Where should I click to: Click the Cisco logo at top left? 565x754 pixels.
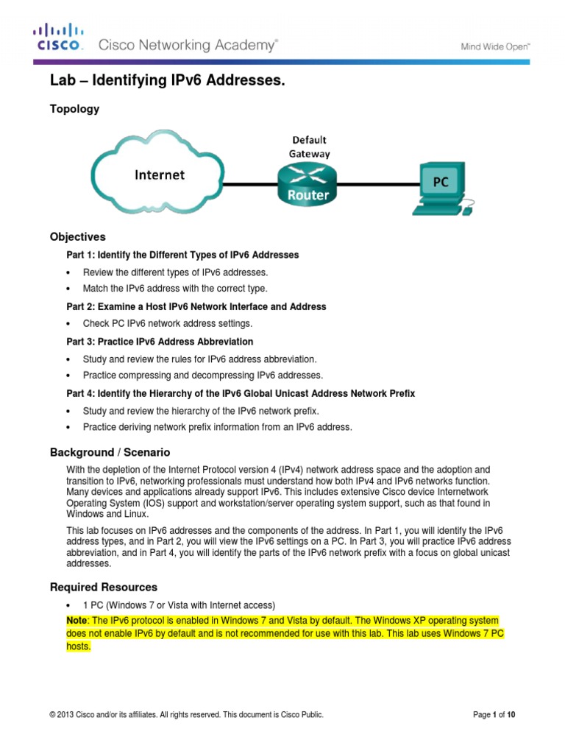pos(58,38)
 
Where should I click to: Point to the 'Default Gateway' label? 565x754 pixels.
pos(309,147)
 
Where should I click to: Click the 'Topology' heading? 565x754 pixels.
pos(74,109)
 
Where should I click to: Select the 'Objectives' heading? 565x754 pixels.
pos(77,237)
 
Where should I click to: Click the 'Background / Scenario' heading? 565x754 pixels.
pos(110,452)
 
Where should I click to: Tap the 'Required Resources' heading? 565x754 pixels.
pos(103,587)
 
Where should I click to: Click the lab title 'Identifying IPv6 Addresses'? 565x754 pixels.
pos(166,82)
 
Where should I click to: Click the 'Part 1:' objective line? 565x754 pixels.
pos(182,255)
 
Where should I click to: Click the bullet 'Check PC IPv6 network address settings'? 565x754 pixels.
pos(167,324)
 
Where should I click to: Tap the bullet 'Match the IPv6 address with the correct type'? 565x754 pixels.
pos(175,289)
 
